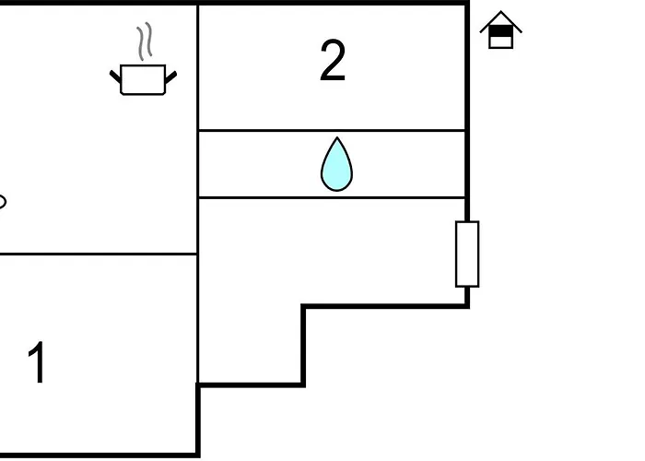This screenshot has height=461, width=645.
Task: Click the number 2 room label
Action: [x=333, y=61]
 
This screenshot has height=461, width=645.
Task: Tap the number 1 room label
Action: [x=37, y=362]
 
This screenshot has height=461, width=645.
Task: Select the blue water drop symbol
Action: [x=336, y=165]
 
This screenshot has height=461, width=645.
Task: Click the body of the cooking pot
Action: [x=143, y=79]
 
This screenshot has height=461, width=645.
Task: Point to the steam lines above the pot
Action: [x=145, y=41]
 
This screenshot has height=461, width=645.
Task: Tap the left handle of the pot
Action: [x=115, y=77]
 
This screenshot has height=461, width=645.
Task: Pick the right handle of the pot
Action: [x=171, y=77]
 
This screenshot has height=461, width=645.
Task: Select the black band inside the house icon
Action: [x=500, y=31]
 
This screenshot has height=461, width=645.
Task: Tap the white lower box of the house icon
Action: [x=500, y=42]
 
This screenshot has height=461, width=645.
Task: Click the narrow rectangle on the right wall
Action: [x=467, y=254]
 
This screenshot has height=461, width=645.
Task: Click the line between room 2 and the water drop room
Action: [x=332, y=131]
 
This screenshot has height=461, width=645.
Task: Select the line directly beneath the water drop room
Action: [x=332, y=198]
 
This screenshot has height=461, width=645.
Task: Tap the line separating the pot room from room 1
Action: [x=99, y=254]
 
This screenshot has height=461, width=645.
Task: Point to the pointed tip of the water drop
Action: [x=337, y=137]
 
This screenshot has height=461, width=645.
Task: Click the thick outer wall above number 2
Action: [x=334, y=3]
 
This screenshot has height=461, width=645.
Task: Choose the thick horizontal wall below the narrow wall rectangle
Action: [x=385, y=306]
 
